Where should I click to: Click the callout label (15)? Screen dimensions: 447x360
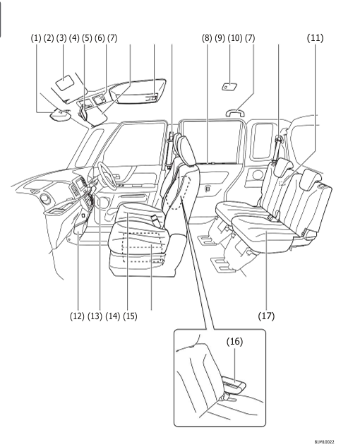coord(129,315)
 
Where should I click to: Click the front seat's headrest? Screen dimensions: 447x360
coord(187,148)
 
